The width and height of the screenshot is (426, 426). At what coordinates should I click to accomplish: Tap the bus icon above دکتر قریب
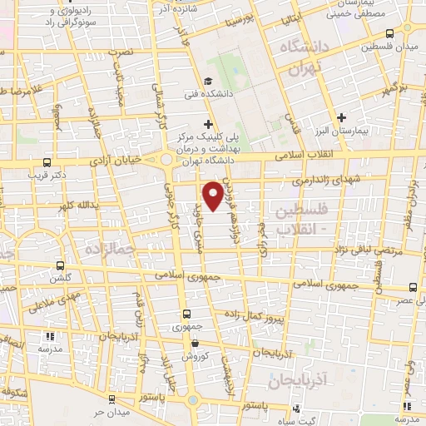[47, 163]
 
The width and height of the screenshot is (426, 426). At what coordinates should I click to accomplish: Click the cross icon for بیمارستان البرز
[342, 116]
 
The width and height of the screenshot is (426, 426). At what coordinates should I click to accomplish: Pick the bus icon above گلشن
[59, 263]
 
